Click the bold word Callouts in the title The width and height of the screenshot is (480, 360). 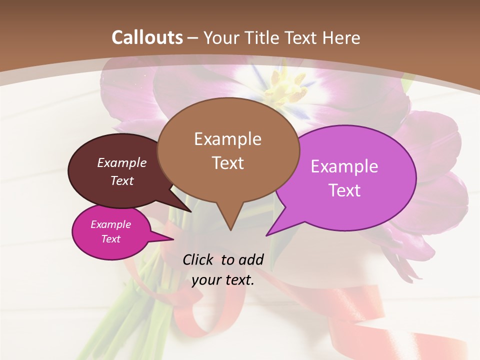(x=147, y=37)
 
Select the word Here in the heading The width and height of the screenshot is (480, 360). (x=341, y=37)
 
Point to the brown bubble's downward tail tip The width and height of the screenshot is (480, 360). (x=230, y=229)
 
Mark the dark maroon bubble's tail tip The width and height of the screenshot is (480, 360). (x=190, y=211)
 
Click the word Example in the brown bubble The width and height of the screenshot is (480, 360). (x=227, y=139)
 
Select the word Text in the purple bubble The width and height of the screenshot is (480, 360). (x=344, y=190)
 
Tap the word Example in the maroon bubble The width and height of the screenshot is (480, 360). (x=122, y=162)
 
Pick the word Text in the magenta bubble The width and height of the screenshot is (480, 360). (x=111, y=239)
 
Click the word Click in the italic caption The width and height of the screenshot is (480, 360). (x=198, y=259)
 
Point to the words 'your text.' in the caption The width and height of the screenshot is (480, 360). (x=223, y=280)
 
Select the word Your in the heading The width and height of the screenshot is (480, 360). (x=222, y=37)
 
